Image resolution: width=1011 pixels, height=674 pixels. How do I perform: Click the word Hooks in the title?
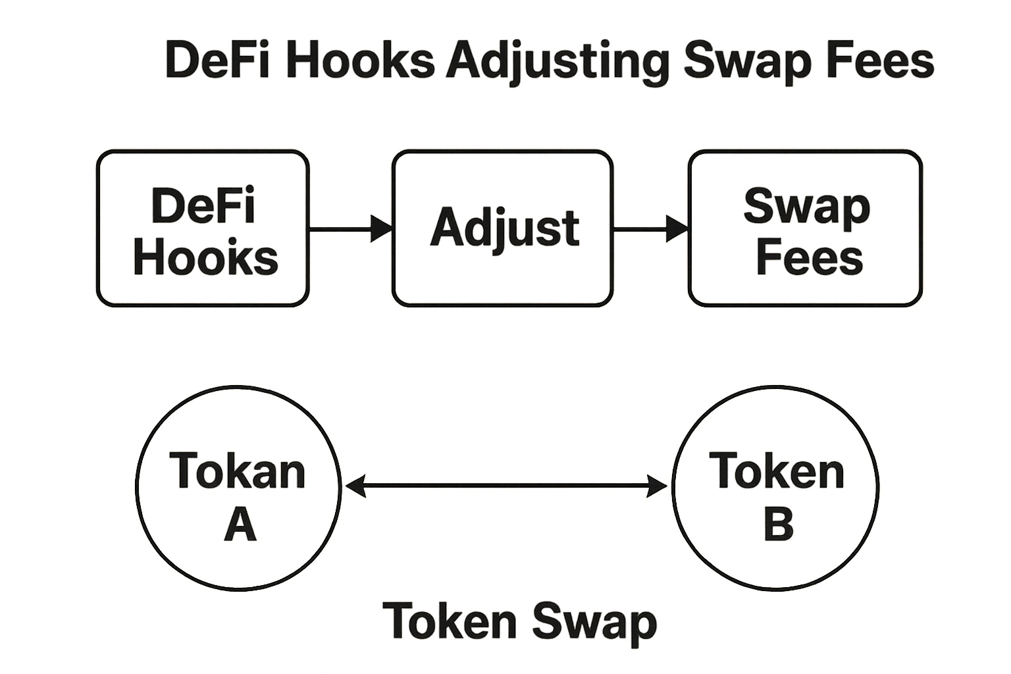359,61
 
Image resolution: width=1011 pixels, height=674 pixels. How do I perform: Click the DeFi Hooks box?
203,228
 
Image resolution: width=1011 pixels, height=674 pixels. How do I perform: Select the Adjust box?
503,228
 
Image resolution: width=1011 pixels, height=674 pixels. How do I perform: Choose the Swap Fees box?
805,228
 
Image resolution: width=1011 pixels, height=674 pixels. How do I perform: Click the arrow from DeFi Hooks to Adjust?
351,228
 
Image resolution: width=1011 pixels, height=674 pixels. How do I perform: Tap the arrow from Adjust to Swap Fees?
650,228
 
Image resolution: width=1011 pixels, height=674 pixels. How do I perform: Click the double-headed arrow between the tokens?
506,487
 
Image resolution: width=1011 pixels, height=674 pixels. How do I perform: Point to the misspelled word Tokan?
238,471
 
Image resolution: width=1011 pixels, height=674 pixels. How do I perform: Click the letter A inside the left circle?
240,525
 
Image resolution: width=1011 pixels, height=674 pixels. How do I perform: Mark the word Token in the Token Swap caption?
450,621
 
